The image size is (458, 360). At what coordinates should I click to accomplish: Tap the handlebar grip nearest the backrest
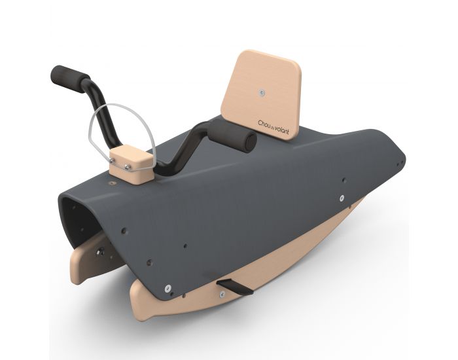[x=232, y=137]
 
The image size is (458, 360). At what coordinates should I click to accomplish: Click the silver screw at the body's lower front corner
[x=168, y=285]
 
